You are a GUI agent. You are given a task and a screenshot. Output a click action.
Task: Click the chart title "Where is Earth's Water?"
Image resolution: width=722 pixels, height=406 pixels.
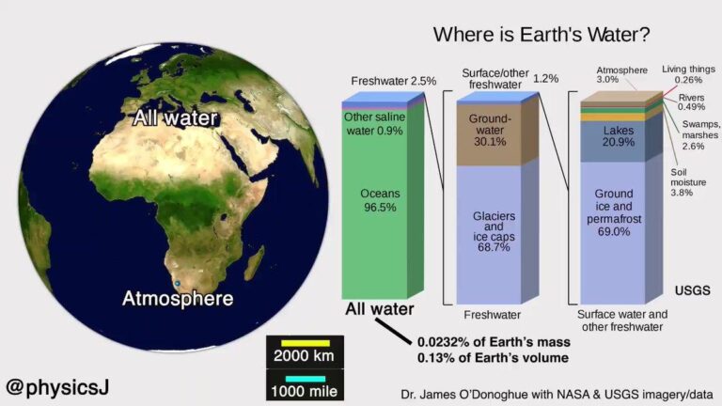click(x=541, y=36)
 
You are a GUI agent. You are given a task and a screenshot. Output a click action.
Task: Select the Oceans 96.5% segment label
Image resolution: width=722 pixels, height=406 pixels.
click(x=382, y=198)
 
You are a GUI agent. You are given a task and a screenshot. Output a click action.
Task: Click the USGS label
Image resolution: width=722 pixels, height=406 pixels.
click(x=697, y=289)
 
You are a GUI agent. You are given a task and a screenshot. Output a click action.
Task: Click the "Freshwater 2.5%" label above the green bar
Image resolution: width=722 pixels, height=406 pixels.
click(x=393, y=82)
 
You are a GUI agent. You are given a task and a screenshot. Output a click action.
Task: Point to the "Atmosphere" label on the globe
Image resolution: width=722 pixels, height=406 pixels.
click(x=178, y=299)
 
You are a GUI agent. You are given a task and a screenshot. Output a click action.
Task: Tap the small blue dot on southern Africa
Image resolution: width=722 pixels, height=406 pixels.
click(x=177, y=282)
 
